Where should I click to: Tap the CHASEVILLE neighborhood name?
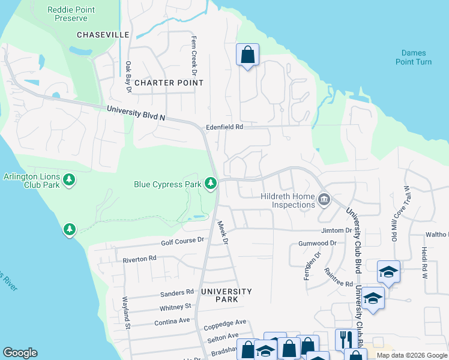[103, 35]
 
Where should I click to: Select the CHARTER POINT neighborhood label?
[169, 83]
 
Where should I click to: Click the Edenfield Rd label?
[224, 127]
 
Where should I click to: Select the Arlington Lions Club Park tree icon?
[70, 180]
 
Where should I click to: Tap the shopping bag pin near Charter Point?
[247, 55]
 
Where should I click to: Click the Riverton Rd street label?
[139, 259]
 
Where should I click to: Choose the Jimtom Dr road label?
[336, 230]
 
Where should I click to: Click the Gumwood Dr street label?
[318, 244]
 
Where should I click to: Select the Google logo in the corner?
[20, 353]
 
